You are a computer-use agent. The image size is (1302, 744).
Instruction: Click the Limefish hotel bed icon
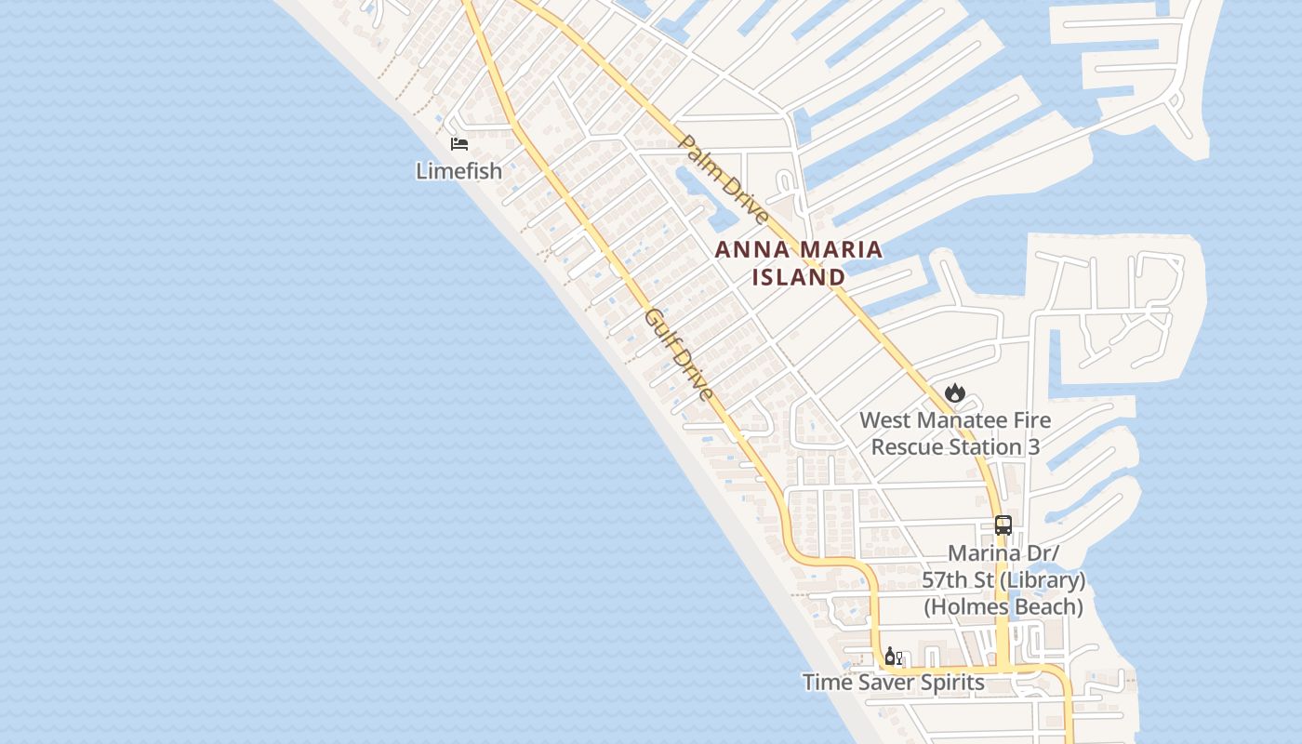point(459,144)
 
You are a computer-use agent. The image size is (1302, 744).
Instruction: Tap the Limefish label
point(458,171)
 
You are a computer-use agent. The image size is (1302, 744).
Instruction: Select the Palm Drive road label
point(724,179)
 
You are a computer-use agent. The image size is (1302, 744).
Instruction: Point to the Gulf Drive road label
point(680,354)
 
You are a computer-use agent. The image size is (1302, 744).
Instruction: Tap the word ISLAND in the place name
point(799,277)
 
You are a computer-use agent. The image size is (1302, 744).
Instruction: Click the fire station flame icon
point(955,393)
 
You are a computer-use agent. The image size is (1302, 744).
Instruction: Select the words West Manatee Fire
point(955,420)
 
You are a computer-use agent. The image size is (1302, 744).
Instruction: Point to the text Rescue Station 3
point(955,447)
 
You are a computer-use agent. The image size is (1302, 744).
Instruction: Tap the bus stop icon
point(1003,525)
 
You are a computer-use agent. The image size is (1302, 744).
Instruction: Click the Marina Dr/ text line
point(1003,553)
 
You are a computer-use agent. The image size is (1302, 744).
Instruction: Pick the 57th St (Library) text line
point(1003,580)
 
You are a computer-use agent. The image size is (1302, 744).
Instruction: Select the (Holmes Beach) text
point(1003,607)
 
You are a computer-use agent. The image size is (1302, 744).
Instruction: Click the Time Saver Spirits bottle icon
point(893,657)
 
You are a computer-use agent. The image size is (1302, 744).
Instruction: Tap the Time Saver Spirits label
point(893,683)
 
